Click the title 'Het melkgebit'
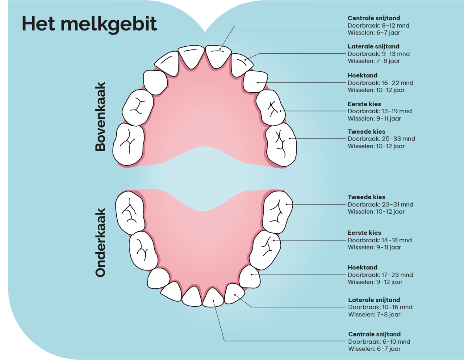[89, 24]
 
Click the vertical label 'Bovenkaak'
[101, 117]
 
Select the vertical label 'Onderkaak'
[101, 243]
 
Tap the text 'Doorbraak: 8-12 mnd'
[378, 25]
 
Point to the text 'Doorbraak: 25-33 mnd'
[381, 139]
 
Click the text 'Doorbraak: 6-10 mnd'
[379, 341]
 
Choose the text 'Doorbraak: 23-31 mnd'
[380, 204]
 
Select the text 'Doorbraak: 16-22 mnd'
[380, 83]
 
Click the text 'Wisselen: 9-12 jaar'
[375, 282]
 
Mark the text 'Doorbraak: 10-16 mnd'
[380, 307]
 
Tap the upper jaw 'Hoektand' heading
[362, 75]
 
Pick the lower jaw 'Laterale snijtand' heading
[374, 300]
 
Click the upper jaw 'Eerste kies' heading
[364, 104]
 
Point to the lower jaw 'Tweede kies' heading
[366, 197]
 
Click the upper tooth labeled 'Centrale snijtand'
[218, 56]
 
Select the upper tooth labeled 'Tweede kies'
[281, 144]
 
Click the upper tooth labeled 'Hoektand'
[256, 81]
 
